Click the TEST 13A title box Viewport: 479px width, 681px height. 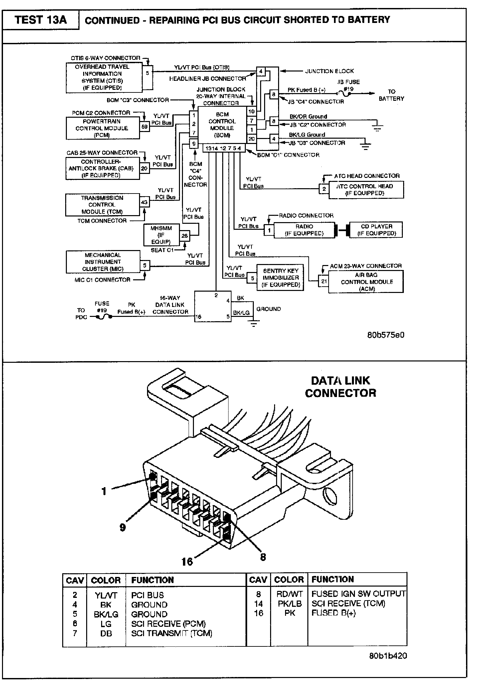41,20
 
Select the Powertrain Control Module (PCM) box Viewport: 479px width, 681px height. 102,128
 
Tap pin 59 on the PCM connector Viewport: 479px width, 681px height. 144,127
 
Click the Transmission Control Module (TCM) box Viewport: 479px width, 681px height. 102,205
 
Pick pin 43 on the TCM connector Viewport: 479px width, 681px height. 144,202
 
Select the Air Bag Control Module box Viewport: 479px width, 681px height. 366,282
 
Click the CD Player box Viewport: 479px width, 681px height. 377,230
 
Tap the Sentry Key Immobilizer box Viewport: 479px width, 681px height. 280,278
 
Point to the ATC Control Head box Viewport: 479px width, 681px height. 366,190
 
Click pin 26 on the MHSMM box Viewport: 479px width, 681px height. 185,236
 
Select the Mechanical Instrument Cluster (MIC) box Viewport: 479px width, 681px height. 102,262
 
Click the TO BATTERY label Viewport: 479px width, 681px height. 391,95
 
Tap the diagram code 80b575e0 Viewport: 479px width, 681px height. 386,335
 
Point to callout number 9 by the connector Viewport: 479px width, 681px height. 123,527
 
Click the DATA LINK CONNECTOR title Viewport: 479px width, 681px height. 340,387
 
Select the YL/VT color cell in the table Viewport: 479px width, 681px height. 106,595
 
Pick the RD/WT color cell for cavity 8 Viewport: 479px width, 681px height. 289,594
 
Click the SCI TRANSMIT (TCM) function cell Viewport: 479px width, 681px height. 172,633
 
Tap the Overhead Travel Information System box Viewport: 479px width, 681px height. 102,77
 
